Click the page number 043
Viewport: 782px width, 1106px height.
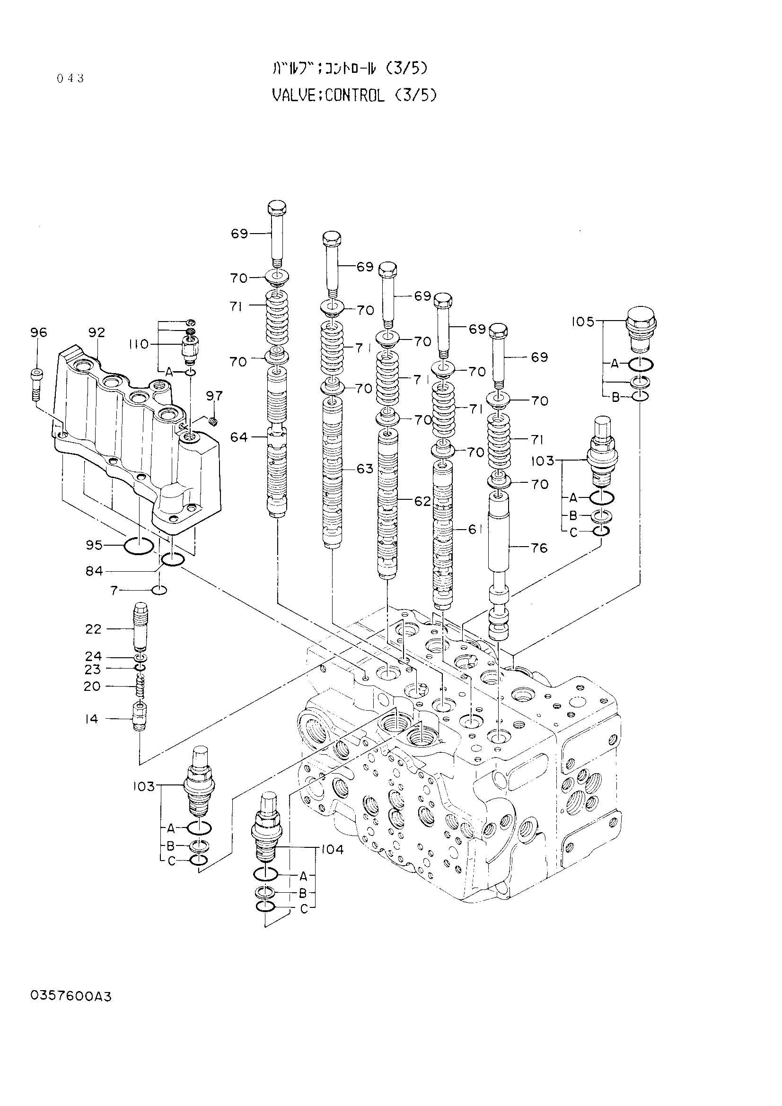point(70,78)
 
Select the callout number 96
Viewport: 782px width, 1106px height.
point(38,332)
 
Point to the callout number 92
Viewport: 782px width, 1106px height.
point(97,332)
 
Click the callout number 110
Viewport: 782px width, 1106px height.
point(138,344)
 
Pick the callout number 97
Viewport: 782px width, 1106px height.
point(214,396)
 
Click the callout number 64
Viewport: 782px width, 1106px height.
point(239,437)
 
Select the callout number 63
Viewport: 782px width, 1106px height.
point(365,469)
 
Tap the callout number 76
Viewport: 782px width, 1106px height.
point(539,548)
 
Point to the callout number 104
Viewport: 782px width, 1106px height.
point(332,849)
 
